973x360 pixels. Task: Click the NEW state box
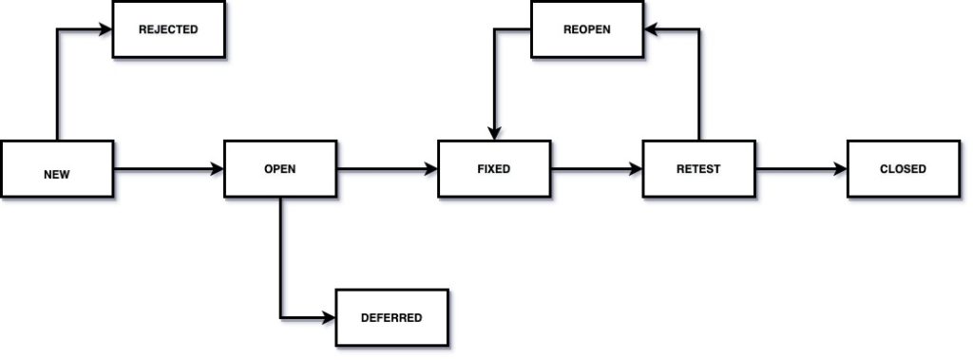57,170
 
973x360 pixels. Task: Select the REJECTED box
168,29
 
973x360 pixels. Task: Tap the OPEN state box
279,169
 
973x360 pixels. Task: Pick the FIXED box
494,169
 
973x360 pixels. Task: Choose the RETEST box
698,169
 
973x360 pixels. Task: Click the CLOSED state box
903,169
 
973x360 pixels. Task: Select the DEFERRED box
391,317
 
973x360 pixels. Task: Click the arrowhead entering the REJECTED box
106,29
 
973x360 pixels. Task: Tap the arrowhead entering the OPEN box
218,170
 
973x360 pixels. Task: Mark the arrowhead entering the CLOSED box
841,170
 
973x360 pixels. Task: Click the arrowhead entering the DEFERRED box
330,317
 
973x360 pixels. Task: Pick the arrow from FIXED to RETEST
596,170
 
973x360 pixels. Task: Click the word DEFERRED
391,317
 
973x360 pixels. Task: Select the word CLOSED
903,169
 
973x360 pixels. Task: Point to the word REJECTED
168,29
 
